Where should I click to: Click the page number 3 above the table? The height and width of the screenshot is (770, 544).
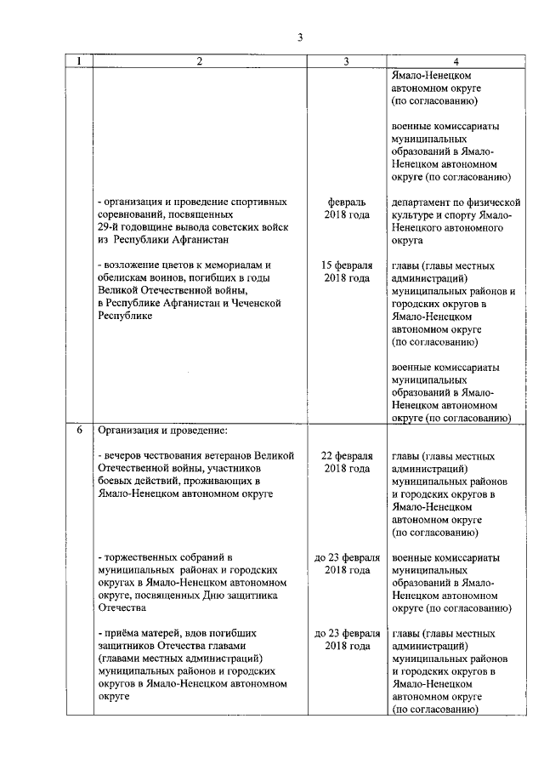(299, 37)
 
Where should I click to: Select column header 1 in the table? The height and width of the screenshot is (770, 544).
(79, 61)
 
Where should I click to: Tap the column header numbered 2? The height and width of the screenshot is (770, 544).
(199, 61)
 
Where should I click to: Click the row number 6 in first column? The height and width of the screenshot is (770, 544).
(79, 430)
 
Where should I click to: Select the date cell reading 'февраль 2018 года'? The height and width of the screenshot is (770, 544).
(347, 208)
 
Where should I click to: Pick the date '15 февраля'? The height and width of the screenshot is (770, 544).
(347, 265)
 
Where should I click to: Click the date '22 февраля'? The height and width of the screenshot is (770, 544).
(347, 456)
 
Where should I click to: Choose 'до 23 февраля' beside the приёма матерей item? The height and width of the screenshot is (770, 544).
(347, 634)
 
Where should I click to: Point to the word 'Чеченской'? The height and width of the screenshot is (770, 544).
(256, 304)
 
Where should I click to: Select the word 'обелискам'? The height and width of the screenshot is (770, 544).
(123, 278)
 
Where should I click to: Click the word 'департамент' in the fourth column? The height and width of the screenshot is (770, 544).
(422, 202)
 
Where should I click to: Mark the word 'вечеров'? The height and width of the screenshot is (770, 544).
(124, 456)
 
